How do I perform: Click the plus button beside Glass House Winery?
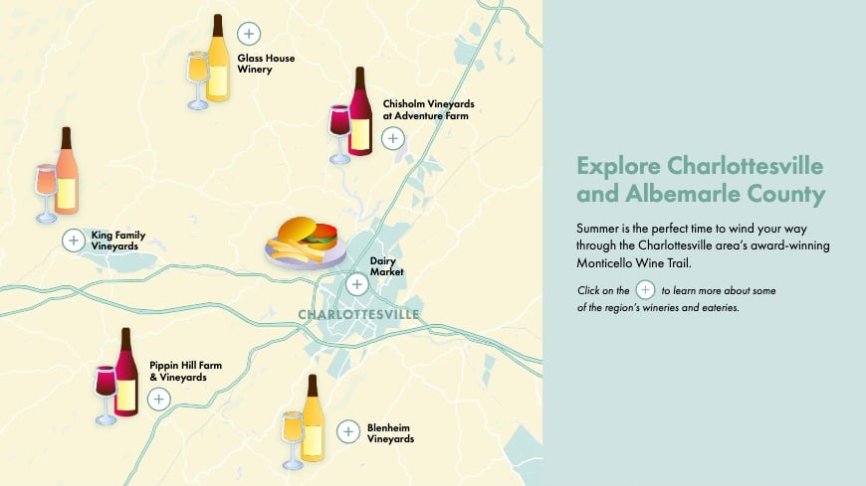click(249, 33)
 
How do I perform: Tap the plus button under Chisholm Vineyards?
click(393, 138)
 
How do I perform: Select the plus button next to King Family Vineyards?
click(73, 240)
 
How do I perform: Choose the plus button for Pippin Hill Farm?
click(158, 399)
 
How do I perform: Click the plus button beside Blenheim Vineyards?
click(347, 431)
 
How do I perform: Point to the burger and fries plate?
click(303, 243)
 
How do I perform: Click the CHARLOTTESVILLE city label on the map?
click(358, 315)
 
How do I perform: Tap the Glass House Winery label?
click(265, 64)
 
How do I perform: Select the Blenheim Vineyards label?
click(390, 433)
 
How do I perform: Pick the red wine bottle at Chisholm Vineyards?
click(359, 112)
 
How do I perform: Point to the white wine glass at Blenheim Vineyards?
click(292, 438)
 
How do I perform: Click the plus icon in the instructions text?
click(645, 290)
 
